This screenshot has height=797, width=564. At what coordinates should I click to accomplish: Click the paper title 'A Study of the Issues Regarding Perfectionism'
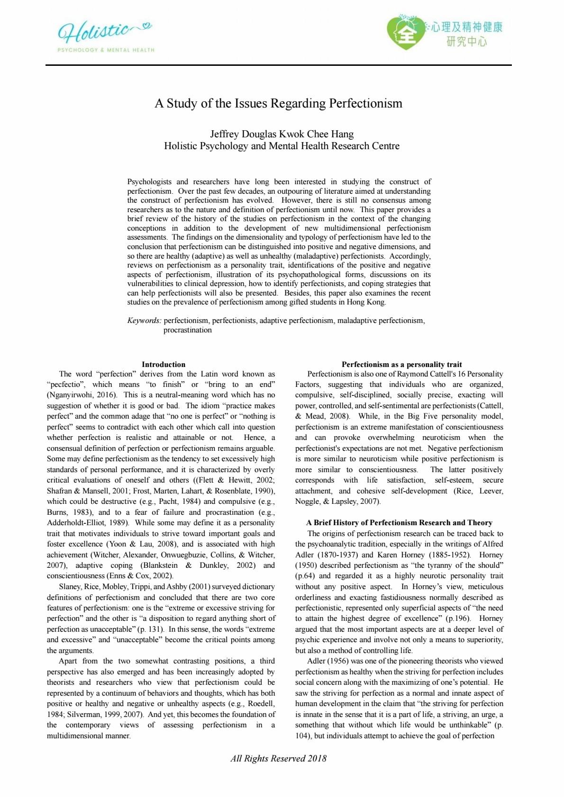(x=278, y=103)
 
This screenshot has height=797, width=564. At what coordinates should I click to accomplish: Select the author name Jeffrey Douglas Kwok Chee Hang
(x=282, y=134)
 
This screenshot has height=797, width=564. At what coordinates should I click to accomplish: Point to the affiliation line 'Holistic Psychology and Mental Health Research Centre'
(x=282, y=146)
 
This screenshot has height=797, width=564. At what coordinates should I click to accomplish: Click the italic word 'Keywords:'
(x=144, y=321)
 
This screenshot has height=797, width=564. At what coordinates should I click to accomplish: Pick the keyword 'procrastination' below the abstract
(x=188, y=330)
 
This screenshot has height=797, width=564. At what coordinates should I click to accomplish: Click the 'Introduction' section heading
(x=164, y=364)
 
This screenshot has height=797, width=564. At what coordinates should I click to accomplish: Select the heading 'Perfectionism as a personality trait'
(x=401, y=364)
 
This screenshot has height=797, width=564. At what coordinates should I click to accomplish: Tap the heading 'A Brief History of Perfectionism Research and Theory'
(x=399, y=522)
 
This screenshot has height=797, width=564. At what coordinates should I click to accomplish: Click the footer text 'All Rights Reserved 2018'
(x=278, y=758)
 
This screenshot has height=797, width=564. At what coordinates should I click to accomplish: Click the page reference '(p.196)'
(x=457, y=618)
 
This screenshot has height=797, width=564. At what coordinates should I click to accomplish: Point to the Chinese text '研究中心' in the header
(x=466, y=42)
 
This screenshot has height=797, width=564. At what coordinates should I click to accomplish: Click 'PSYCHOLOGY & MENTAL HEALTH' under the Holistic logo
(x=106, y=50)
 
